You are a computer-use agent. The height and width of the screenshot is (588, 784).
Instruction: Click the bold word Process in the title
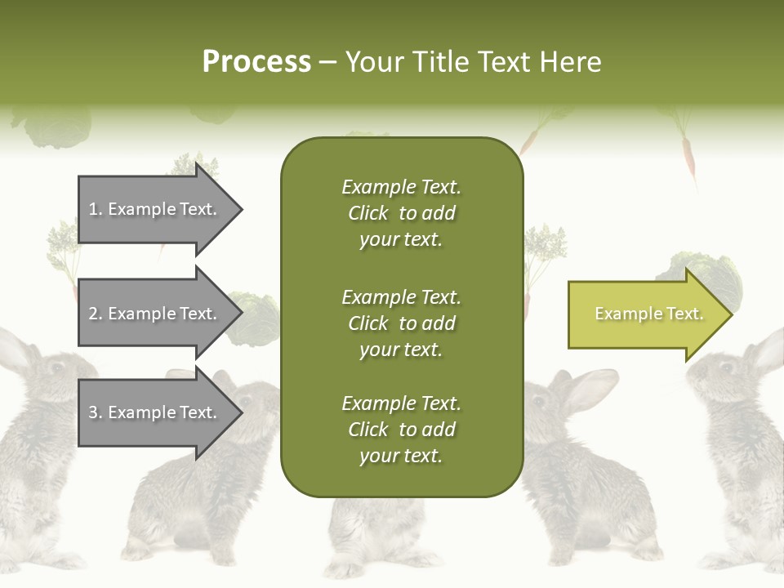(256, 62)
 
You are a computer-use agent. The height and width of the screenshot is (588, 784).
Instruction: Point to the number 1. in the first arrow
(95, 209)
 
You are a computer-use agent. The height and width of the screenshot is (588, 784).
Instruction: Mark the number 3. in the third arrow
(95, 412)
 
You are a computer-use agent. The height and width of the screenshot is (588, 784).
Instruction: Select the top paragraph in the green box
(401, 213)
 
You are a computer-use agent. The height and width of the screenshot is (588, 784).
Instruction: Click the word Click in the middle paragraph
(367, 323)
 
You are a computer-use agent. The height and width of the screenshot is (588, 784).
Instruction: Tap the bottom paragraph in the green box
(401, 430)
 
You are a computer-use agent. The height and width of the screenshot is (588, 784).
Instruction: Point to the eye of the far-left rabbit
(57, 367)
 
